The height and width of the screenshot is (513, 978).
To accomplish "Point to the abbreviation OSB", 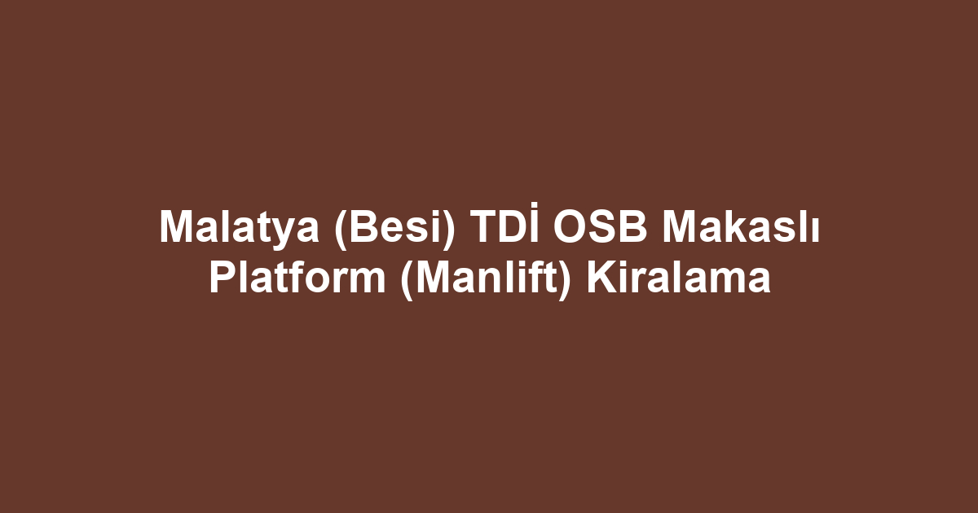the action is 600,226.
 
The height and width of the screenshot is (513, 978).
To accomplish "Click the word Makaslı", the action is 741,226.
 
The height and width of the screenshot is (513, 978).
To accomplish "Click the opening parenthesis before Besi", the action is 341,230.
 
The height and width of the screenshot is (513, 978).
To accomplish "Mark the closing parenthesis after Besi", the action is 448,230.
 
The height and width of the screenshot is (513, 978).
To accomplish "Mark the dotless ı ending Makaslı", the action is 815,230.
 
